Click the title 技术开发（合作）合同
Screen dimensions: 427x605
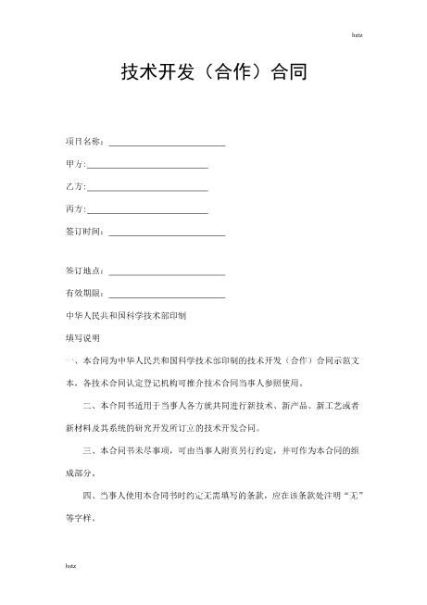click(x=214, y=71)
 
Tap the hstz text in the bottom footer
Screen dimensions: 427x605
click(x=70, y=562)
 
